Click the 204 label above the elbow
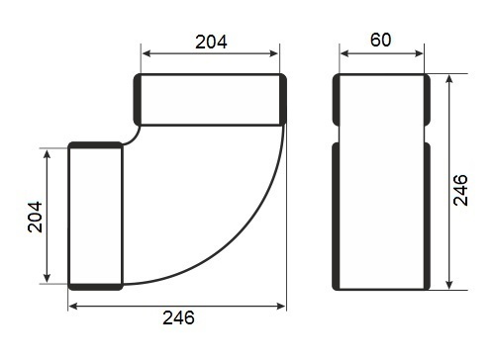pyautogui.click(x=211, y=42)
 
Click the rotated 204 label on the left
pyautogui.click(x=35, y=217)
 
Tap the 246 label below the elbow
pyautogui.click(x=178, y=317)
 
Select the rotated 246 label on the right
pyautogui.click(x=460, y=190)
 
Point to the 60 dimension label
pyautogui.click(x=381, y=40)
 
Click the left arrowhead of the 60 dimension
pyautogui.click(x=344, y=53)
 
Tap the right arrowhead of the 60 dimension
pyautogui.click(x=419, y=53)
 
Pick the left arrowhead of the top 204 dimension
pyautogui.click(x=147, y=53)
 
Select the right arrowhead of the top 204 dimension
pyautogui.click(x=274, y=53)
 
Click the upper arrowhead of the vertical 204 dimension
pyautogui.click(x=48, y=154)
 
